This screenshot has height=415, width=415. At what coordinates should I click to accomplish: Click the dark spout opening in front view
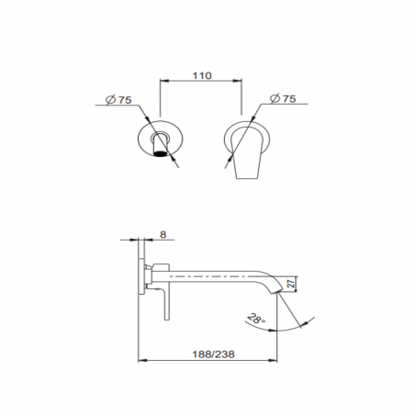(163, 153)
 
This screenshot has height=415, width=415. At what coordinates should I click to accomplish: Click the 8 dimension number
(163, 235)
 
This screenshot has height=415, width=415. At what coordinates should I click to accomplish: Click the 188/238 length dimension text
(209, 350)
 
